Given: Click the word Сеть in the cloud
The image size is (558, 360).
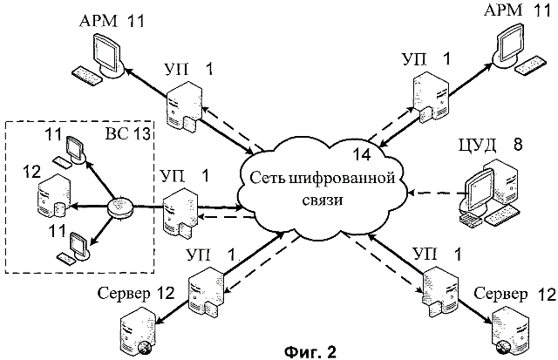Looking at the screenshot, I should click(267, 177).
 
